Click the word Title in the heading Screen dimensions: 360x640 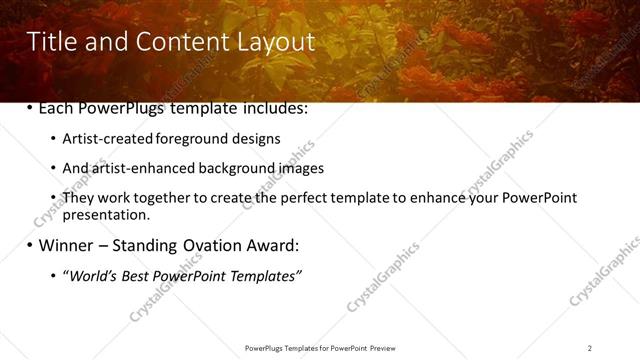pos(50,41)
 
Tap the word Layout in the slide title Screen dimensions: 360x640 pos(275,41)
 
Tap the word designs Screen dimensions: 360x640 pos(260,139)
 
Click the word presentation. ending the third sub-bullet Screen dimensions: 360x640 pos(106,214)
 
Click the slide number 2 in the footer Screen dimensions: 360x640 pos(590,348)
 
